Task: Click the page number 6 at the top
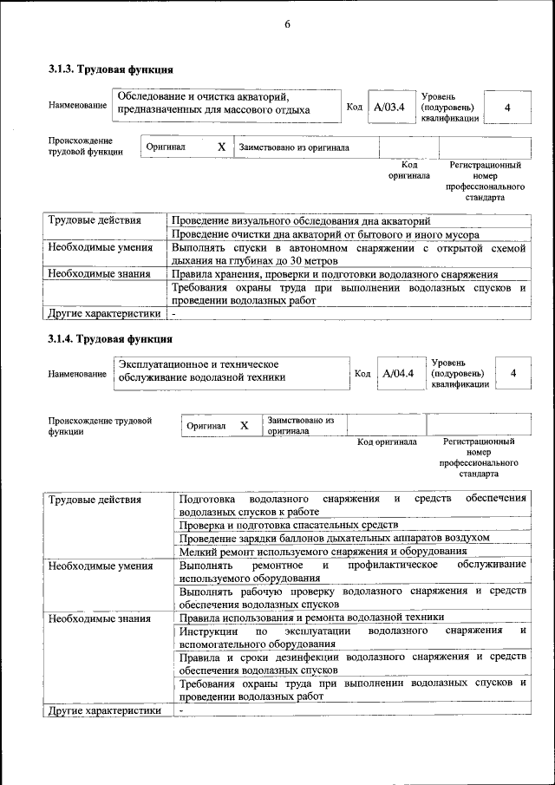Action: pos(287,25)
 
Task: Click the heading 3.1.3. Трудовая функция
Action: pos(110,69)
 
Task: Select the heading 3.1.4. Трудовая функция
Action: pos(110,338)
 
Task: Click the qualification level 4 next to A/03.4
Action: pos(507,107)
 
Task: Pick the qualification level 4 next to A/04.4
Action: pos(513,373)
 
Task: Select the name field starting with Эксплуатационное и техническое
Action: pos(202,370)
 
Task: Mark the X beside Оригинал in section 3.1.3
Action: pos(222,147)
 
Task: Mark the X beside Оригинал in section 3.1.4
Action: pos(245,425)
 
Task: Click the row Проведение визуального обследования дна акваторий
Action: pos(300,221)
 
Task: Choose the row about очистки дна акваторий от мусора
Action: pos(324,235)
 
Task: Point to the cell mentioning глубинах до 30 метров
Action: pos(348,254)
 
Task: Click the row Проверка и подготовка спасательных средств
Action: pos(289,525)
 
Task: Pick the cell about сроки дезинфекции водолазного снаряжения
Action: pos(352,663)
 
